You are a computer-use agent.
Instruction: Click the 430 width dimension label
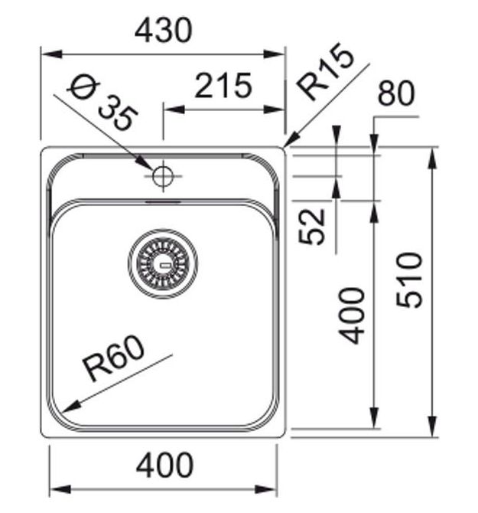[164, 31]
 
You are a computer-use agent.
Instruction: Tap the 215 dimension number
[223, 86]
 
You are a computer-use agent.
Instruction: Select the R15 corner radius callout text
[325, 71]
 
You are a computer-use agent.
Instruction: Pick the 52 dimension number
[312, 227]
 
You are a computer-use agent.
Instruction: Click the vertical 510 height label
[409, 280]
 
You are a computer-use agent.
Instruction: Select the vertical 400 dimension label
[351, 315]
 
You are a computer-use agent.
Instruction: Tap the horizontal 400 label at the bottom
[164, 465]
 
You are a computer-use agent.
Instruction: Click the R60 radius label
[113, 358]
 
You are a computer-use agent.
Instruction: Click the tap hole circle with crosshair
[163, 175]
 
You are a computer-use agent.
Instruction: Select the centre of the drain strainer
[163, 263]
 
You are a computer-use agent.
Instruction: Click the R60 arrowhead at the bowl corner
[70, 407]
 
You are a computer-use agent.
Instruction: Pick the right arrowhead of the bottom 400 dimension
[266, 490]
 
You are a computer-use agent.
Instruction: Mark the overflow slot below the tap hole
[163, 202]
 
